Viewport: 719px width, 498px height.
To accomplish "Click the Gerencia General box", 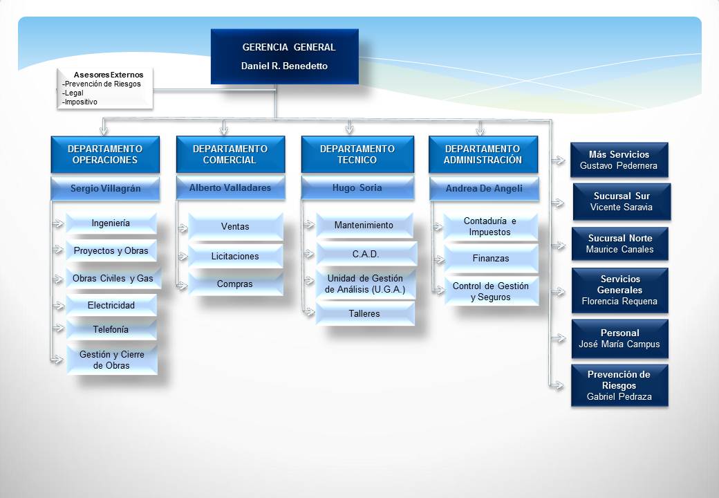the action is coord(284,57).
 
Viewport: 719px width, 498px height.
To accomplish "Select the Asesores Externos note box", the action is coord(105,89).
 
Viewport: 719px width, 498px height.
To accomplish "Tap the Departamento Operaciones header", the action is coord(105,154).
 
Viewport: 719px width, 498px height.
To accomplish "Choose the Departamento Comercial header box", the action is coord(230,154).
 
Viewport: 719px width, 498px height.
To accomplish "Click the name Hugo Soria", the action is coord(357,187).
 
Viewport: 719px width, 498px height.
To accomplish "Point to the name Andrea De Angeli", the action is coord(484,188).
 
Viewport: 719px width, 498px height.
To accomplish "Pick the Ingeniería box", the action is coord(111,223).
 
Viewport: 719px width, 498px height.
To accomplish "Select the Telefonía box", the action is coord(111,329).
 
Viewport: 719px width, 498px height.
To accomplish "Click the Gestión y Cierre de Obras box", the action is coord(112,360).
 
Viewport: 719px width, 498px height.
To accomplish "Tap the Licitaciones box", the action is coord(235,256).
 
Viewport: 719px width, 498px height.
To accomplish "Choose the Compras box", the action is coord(235,284).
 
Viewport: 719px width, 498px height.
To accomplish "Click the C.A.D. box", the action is coord(366,254).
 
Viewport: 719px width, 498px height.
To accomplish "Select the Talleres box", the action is coord(365,313).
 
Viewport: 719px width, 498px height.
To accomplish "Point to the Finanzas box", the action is coord(491,258).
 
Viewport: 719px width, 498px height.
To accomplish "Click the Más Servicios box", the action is coord(619,160).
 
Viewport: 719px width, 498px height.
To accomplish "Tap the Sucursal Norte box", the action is coord(620,243).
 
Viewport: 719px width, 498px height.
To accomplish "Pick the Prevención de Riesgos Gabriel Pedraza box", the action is coord(619,385).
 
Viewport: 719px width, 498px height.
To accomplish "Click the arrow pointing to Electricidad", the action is coord(58,306).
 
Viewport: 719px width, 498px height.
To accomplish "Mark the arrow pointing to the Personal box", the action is coord(558,338).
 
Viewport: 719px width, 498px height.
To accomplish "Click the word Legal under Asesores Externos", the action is coord(74,93).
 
